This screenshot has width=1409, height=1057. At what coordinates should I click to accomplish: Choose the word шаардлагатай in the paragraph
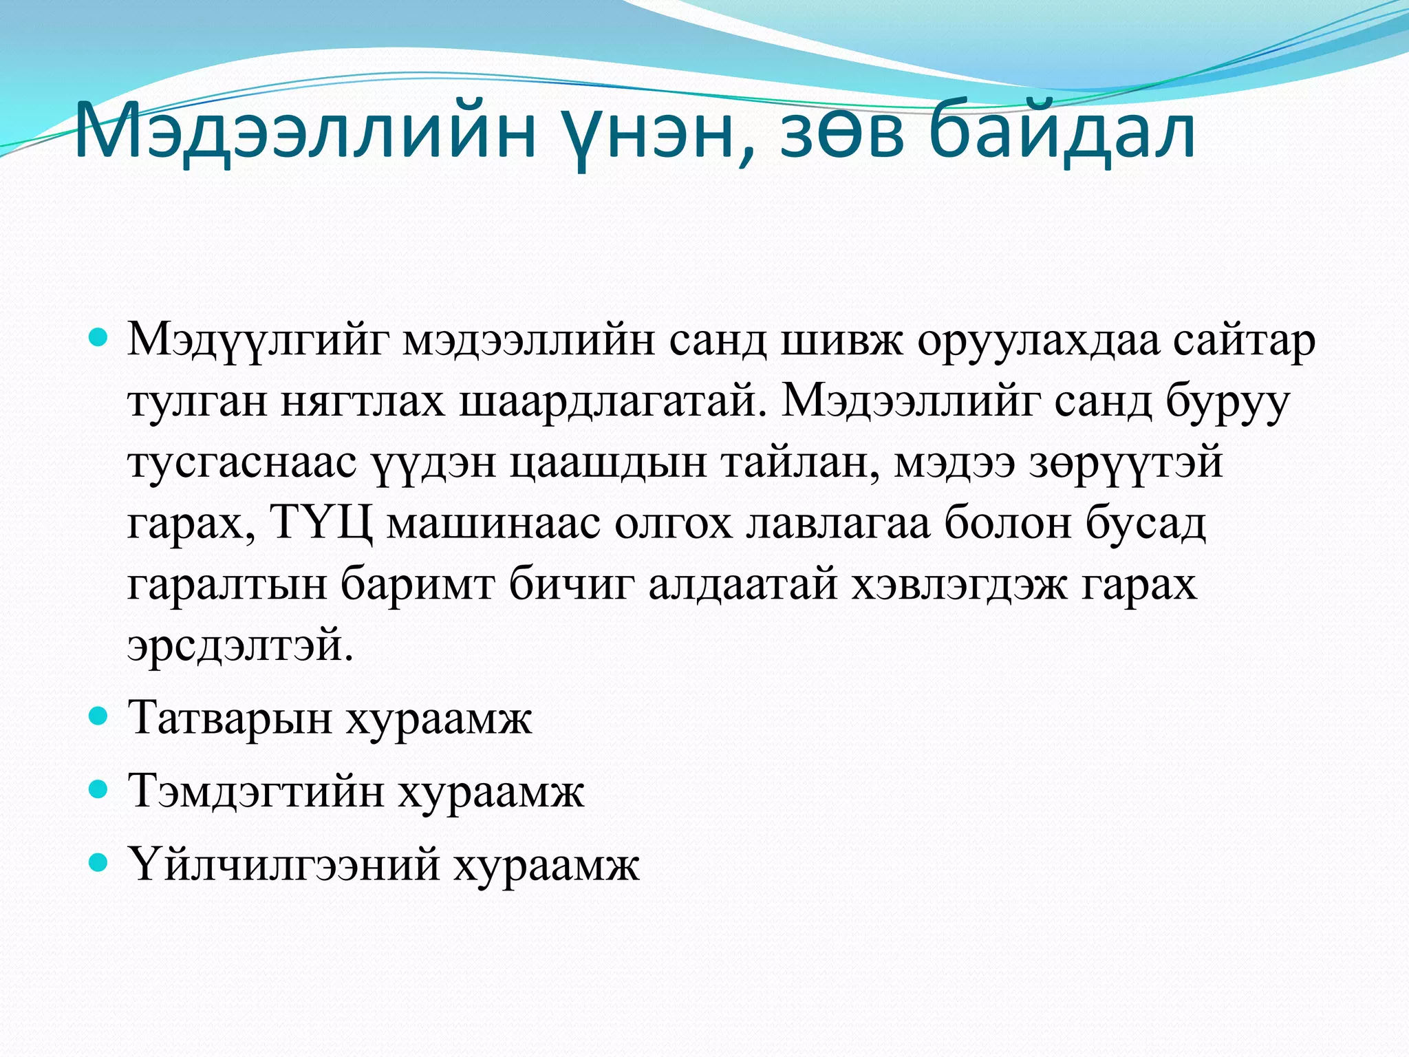612,401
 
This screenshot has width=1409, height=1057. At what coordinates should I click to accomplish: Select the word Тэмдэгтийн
256,792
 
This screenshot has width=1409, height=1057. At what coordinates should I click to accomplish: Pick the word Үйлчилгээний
283,865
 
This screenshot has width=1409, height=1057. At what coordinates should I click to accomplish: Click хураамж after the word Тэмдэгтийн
491,792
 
